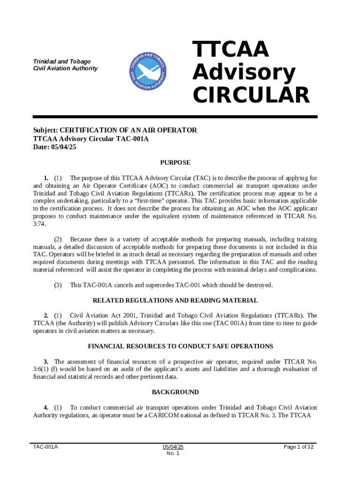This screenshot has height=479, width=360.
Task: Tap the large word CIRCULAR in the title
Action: pyautogui.click(x=251, y=95)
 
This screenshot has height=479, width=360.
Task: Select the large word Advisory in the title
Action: pyautogui.click(x=244, y=73)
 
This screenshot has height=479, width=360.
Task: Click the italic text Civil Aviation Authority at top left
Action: pyautogui.click(x=65, y=68)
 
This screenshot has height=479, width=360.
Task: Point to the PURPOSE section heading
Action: pyautogui.click(x=175, y=163)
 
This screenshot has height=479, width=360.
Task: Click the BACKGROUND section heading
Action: pyautogui.click(x=175, y=392)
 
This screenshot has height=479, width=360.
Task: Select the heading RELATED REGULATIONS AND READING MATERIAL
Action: pyautogui.click(x=175, y=300)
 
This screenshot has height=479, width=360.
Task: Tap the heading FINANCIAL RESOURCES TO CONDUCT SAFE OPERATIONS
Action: pyautogui.click(x=180, y=346)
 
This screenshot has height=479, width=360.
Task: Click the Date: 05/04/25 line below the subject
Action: pyautogui.click(x=54, y=147)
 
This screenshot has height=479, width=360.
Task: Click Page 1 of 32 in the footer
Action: pyautogui.click(x=298, y=447)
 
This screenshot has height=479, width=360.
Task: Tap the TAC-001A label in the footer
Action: pyautogui.click(x=45, y=447)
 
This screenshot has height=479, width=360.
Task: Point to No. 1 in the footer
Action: pyautogui.click(x=173, y=453)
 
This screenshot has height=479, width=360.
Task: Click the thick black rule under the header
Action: pyautogui.click(x=175, y=116)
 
